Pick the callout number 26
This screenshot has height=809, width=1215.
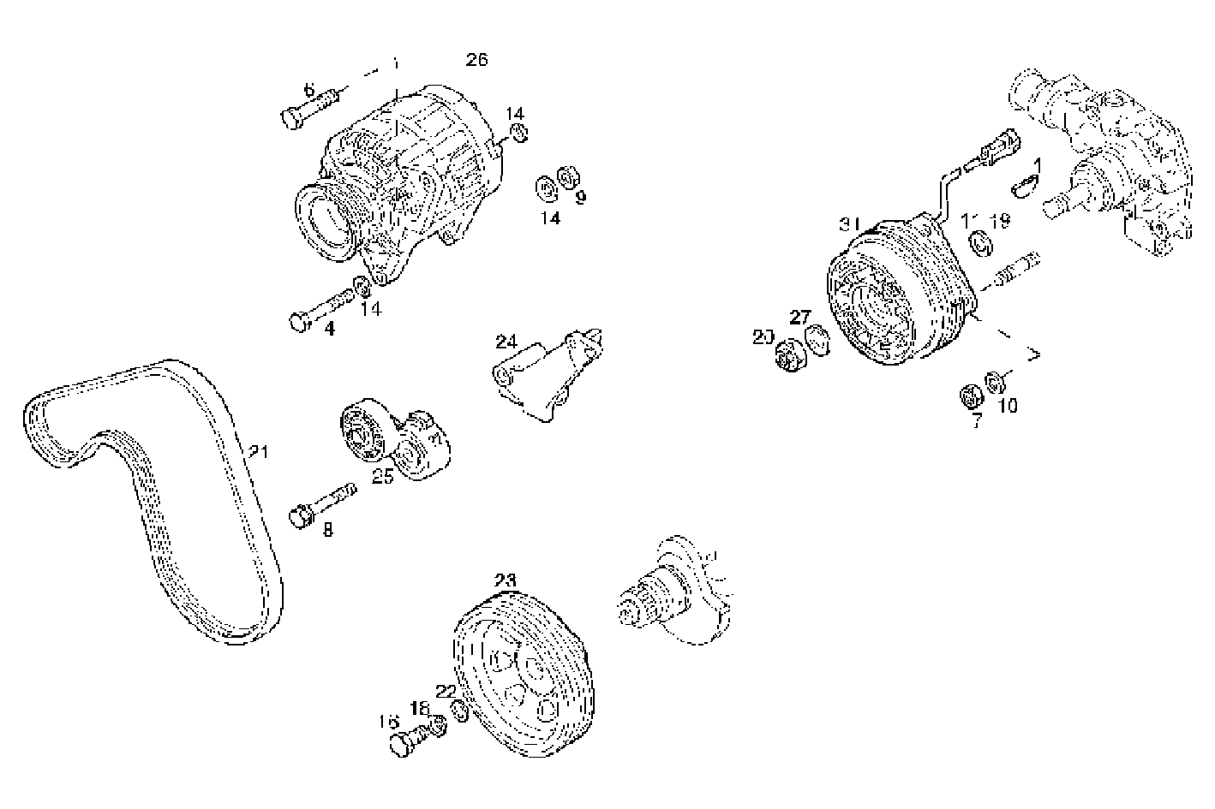476,59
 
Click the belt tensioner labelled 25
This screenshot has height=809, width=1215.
394,441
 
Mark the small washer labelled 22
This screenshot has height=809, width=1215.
458,711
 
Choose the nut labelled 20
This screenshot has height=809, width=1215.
787,356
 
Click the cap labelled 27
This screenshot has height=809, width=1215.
819,343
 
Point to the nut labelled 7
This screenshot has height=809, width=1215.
970,397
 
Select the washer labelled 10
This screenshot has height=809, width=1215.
996,381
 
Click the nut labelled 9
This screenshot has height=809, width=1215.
566,177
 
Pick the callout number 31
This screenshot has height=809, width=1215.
849,223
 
